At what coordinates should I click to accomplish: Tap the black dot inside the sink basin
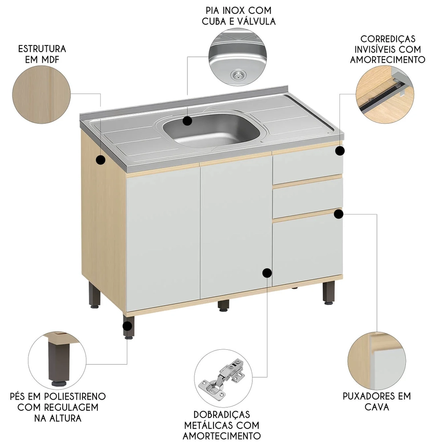187,121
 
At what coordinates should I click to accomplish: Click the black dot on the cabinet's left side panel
101,160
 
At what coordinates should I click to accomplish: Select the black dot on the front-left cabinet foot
128,327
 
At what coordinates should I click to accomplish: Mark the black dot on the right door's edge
267,273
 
